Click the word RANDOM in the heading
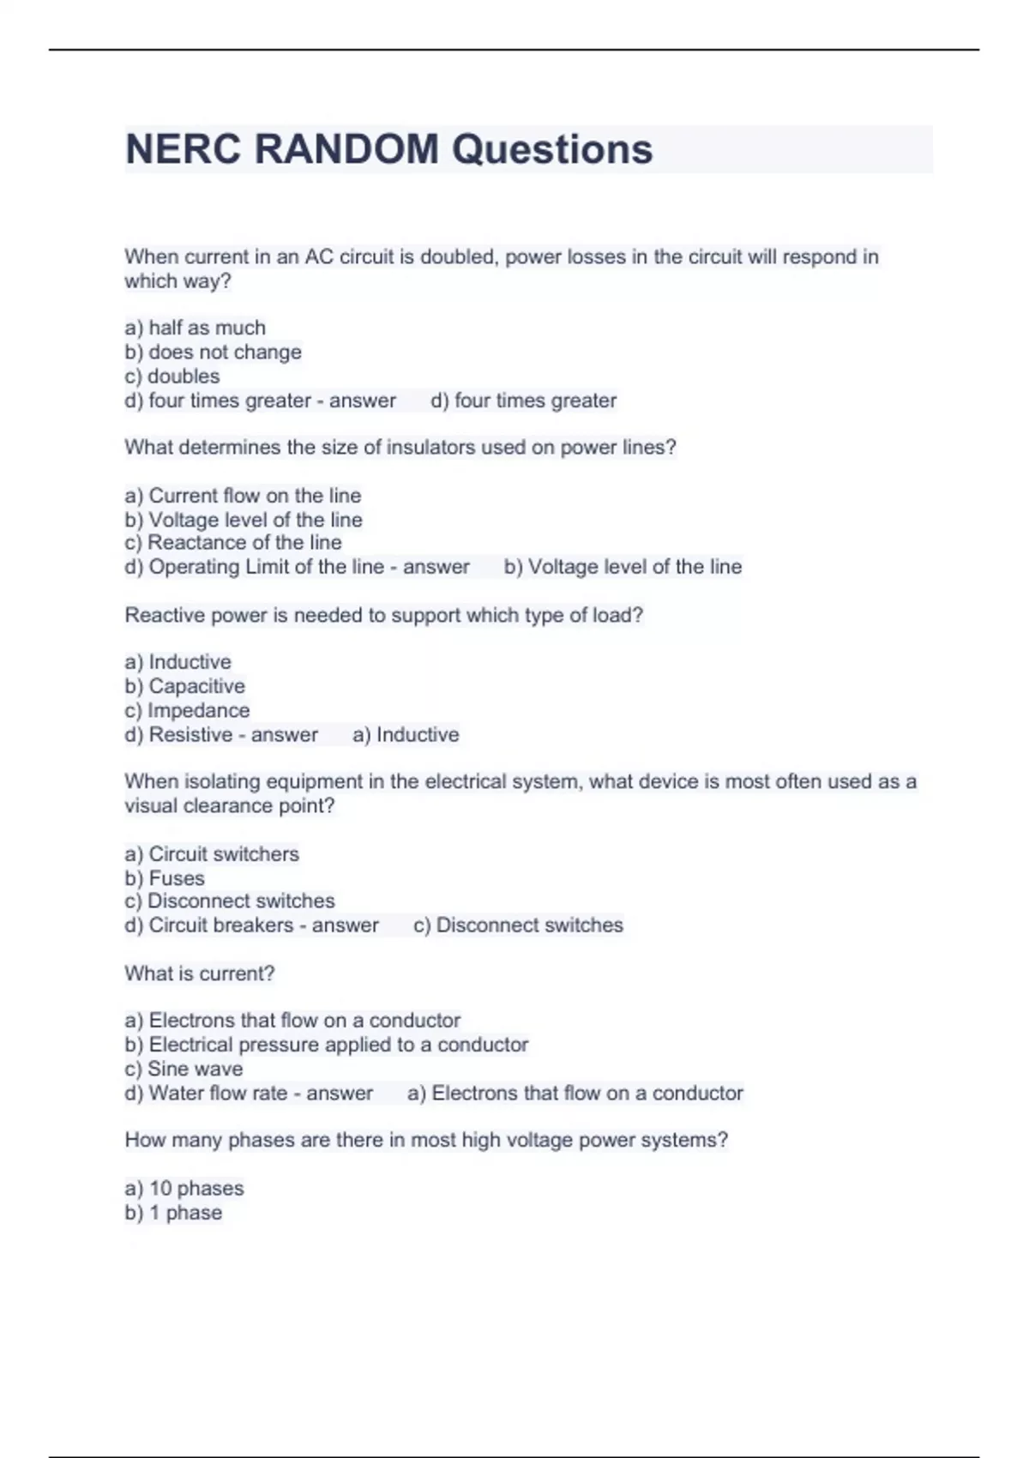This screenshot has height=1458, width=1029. [346, 149]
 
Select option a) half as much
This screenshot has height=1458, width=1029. [196, 328]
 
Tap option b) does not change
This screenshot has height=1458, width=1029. [213, 352]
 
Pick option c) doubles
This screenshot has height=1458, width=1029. [172, 376]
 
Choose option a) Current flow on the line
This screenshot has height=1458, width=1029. [243, 496]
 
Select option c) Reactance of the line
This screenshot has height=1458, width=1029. [233, 542]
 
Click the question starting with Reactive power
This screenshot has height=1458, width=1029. [383, 615]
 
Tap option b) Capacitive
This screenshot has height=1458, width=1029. [184, 686]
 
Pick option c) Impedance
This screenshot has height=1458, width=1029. [187, 710]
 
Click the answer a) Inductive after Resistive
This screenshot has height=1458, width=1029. [406, 734]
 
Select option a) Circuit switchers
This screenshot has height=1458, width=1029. [212, 854]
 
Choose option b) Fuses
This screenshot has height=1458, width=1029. [165, 878]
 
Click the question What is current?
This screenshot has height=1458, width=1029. [200, 973]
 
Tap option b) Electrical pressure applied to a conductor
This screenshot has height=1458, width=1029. [326, 1045]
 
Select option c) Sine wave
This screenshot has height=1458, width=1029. [184, 1069]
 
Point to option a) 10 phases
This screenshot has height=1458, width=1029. [184, 1189]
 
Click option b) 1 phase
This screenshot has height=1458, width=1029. [173, 1213]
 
